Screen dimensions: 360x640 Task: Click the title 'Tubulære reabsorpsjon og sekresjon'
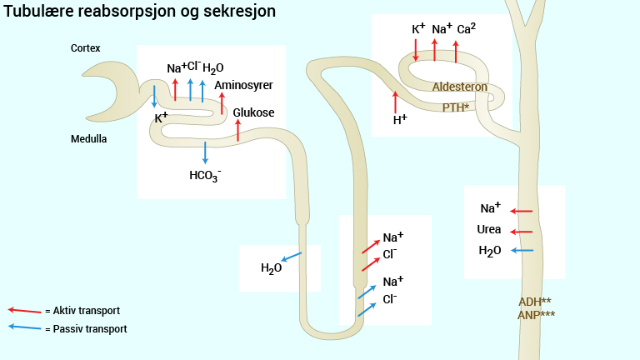point(140,12)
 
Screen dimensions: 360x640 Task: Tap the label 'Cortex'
point(86,48)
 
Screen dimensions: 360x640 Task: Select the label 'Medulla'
point(88,139)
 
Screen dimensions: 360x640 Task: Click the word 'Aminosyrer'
point(243,85)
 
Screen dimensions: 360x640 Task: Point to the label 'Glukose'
point(253,112)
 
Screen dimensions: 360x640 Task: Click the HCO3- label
point(205,175)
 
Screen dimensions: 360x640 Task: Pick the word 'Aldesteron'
point(459,87)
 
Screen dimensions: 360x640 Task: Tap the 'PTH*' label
point(457,107)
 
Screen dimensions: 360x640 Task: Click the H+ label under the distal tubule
point(400,120)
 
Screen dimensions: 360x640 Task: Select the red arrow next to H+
point(395,101)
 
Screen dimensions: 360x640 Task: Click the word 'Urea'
point(489,230)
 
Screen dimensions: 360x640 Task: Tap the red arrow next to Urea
point(521,232)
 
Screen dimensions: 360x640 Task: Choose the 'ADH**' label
point(534,301)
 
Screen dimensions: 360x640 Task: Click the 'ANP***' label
point(536,314)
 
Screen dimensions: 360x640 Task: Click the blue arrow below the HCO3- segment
point(205,152)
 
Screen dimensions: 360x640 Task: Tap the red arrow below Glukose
point(238,130)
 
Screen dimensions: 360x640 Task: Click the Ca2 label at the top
point(467,29)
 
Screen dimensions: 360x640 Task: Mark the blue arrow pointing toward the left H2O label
point(291,257)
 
